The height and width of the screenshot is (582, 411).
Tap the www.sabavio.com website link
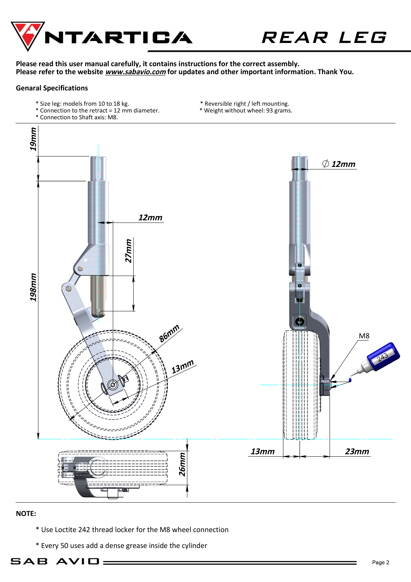pos(135,72)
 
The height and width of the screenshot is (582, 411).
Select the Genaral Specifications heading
pos(52,88)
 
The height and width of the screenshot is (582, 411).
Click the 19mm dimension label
pos(33,139)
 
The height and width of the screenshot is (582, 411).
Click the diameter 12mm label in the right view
pos(339,164)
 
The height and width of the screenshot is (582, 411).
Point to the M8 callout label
pos(364,336)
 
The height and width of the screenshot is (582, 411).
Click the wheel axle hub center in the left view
pos(113,385)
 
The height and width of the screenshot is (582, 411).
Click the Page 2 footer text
pos(380,562)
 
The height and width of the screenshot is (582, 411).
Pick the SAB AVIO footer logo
pos(55,561)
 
